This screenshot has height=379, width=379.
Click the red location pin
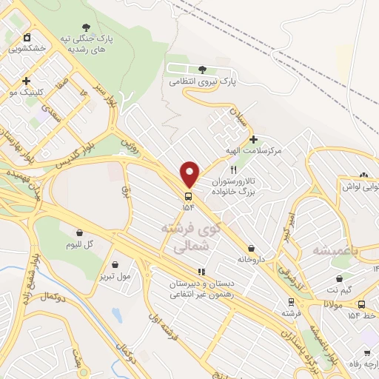pyautogui.click(x=189, y=174)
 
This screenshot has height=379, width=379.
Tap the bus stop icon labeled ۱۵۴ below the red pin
pyautogui.click(x=189, y=196)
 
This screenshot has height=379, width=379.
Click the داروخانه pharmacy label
pyautogui.click(x=252, y=259)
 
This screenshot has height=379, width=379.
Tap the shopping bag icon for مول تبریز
pyautogui.click(x=115, y=264)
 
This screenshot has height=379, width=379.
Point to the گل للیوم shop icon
pyautogui.click(x=78, y=232)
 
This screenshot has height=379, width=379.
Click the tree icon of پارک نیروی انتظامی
pyautogui.click(x=202, y=70)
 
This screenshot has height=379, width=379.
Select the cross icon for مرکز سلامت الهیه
pyautogui.click(x=254, y=139)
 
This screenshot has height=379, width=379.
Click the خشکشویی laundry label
pyautogui.click(x=27, y=47)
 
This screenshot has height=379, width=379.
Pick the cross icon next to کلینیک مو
pyautogui.click(x=27, y=81)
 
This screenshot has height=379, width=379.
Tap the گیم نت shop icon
pyautogui.click(x=339, y=279)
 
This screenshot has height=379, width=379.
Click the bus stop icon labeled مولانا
pyautogui.click(x=360, y=303)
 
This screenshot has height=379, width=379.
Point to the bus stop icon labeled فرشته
pyautogui.click(x=291, y=302)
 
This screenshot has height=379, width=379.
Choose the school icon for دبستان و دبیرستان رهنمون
pyautogui.click(x=201, y=272)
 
